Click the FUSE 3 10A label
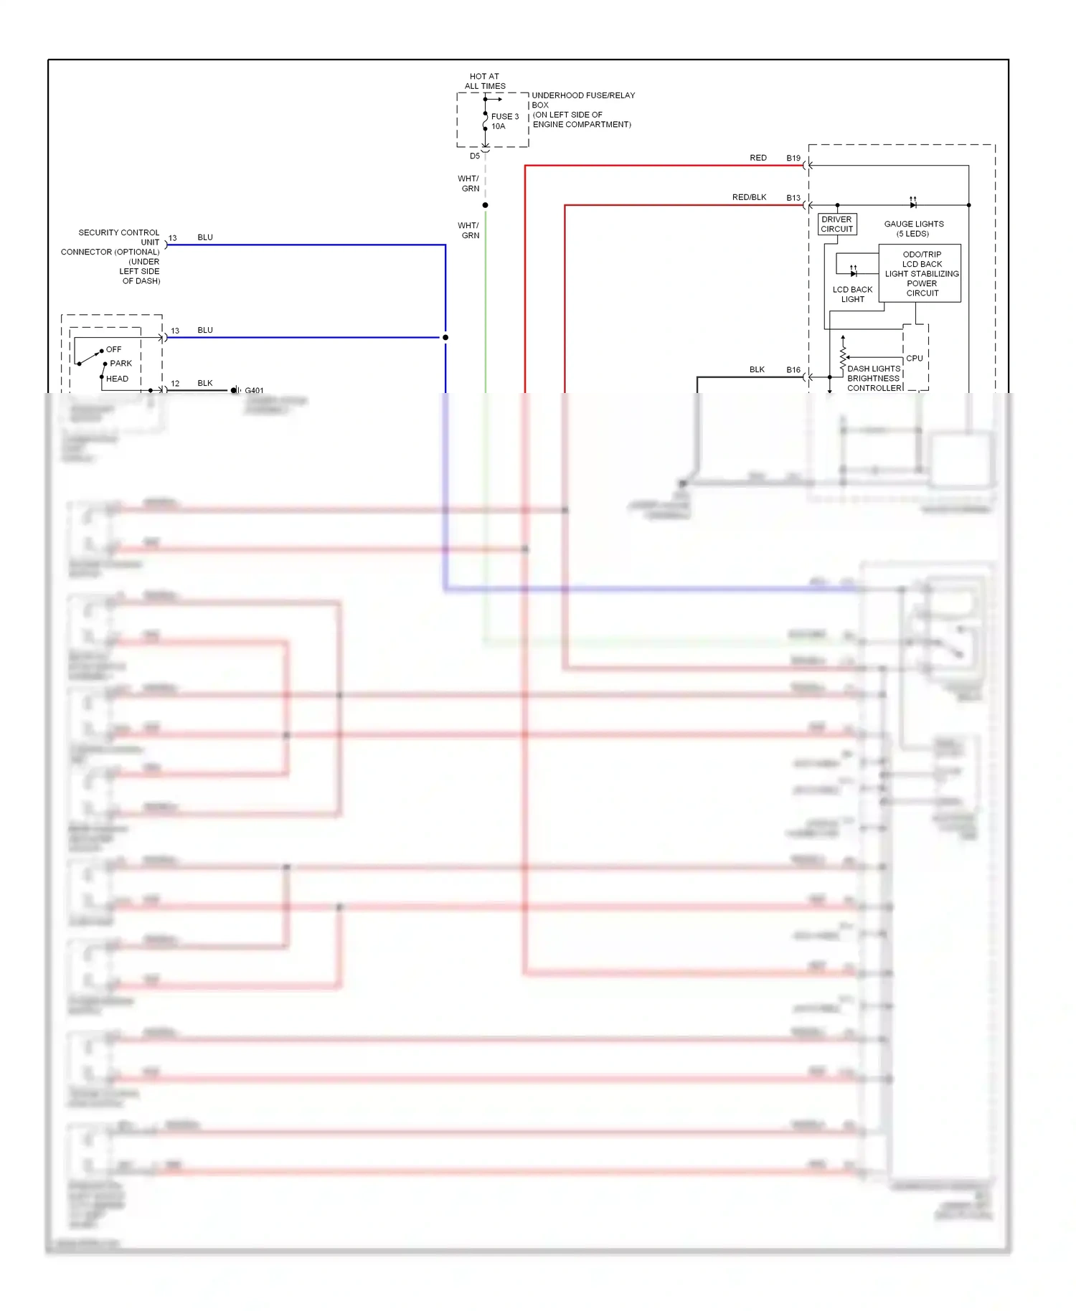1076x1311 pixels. tap(504, 121)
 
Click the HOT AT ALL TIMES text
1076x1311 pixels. tap(484, 81)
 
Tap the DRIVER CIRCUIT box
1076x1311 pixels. tap(836, 224)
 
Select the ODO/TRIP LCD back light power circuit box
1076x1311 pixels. tap(921, 273)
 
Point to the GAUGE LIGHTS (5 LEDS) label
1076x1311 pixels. tap(913, 229)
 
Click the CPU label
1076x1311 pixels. tap(914, 358)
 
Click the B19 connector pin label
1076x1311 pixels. tap(793, 158)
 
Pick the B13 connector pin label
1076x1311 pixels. tap(793, 198)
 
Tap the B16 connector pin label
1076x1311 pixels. tap(793, 370)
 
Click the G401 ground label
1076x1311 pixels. tap(254, 391)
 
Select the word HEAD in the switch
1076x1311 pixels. tap(117, 379)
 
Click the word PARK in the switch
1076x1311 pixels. tap(121, 364)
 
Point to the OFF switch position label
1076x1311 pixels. tap(113, 349)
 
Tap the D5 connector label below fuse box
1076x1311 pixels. tap(474, 156)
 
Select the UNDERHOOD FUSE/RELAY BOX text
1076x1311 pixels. tap(582, 110)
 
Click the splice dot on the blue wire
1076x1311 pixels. tap(445, 337)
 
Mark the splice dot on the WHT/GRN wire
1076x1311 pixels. tap(486, 205)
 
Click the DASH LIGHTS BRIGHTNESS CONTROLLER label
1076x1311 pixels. tap(873, 378)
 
